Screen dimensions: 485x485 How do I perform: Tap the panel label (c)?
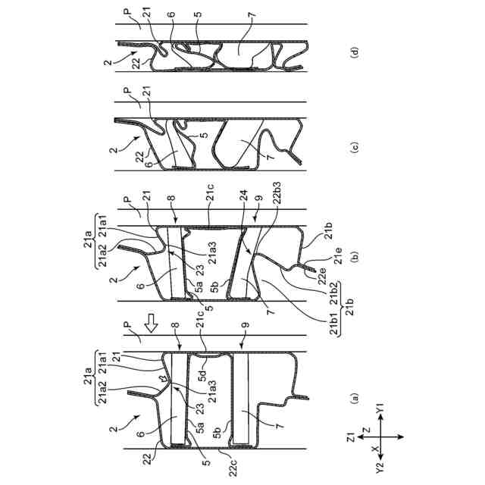[x=354, y=147]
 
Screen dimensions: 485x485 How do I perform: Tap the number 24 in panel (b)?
[x=244, y=196]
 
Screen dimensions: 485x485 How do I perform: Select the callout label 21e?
[x=339, y=256]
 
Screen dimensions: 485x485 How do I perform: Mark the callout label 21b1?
[x=334, y=326]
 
